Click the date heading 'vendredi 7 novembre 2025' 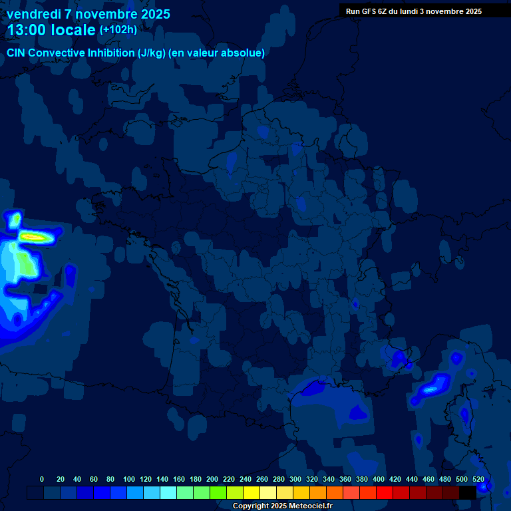tap(88, 14)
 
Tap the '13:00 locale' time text tap(51, 30)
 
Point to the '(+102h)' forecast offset tap(118, 30)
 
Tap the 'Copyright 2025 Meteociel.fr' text tap(281, 506)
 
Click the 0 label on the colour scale tap(42, 479)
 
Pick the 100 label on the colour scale tap(128, 479)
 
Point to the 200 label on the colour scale tap(212, 479)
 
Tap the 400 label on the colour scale tap(379, 479)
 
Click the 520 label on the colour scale tap(478, 479)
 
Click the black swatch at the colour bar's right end tap(468, 492)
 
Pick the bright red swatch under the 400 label tap(385, 492)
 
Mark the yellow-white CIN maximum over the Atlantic tap(33, 236)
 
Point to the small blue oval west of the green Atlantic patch tap(70, 273)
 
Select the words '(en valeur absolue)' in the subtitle tap(217, 53)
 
